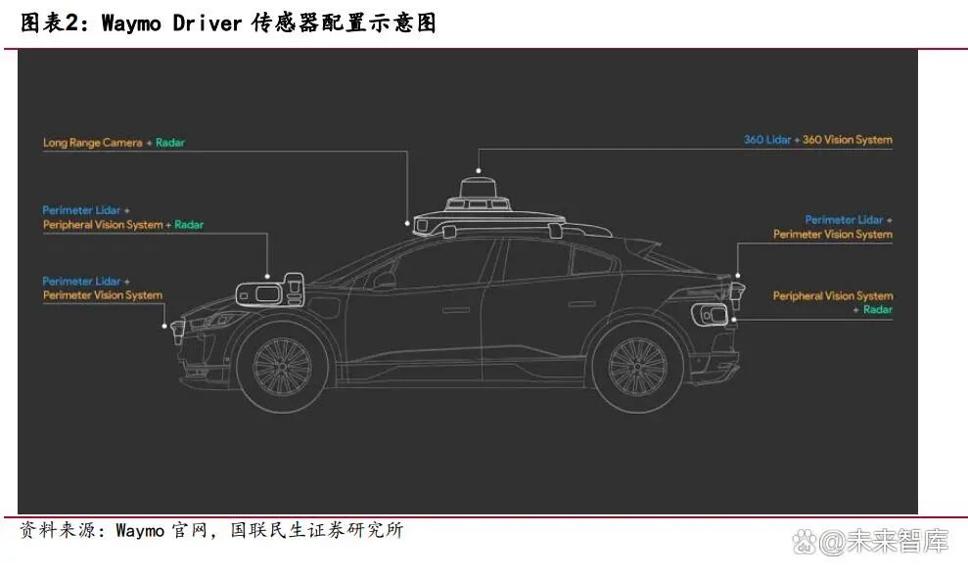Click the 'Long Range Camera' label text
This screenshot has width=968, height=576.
tap(92, 143)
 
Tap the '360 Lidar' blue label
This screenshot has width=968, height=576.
tap(766, 140)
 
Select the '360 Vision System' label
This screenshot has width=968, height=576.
tap(847, 140)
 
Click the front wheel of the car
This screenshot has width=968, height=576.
tap(282, 368)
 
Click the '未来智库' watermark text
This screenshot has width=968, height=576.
tap(898, 541)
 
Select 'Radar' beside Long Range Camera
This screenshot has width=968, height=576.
tap(170, 143)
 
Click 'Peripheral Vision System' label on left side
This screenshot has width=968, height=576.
tap(102, 225)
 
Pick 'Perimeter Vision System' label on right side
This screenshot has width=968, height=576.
tap(832, 235)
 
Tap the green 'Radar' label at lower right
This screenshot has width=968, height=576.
tap(877, 310)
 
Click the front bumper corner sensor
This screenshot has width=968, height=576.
tap(177, 330)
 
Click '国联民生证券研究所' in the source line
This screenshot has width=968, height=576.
tap(316, 531)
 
